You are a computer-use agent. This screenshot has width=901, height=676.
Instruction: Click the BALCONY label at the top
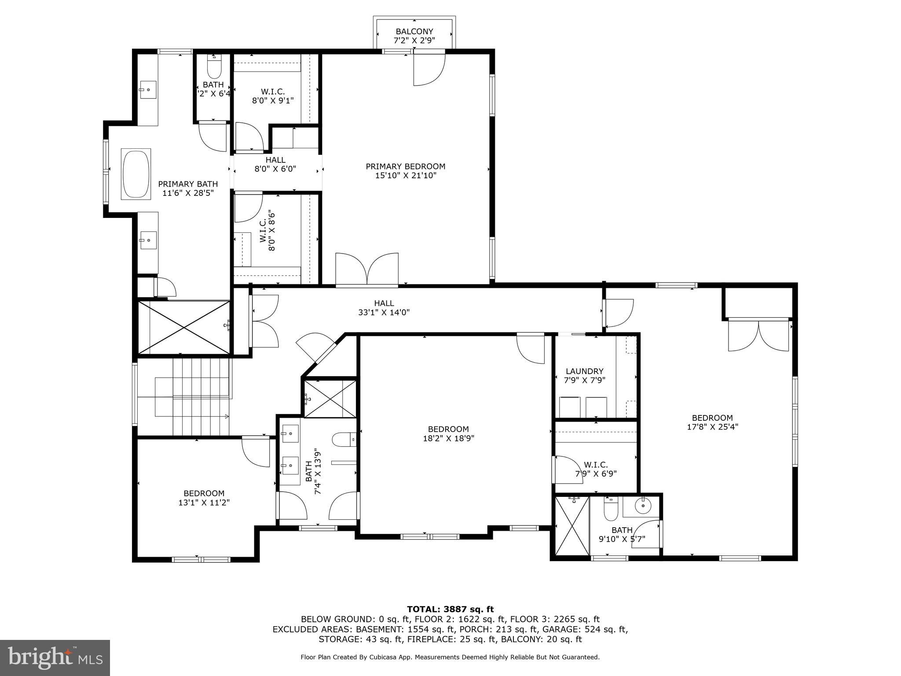[414, 32]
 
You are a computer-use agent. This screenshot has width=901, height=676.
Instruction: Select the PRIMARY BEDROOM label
[405, 166]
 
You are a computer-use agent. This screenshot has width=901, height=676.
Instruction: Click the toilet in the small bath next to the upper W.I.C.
[214, 68]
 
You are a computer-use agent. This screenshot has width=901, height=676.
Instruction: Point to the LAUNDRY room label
[584, 371]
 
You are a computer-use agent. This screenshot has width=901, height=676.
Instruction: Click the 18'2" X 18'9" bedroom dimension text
[448, 438]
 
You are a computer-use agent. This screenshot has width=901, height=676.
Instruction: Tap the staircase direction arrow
[227, 416]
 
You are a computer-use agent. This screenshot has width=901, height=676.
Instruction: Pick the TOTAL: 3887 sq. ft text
[450, 610]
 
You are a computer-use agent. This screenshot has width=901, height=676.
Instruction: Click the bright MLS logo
[55, 658]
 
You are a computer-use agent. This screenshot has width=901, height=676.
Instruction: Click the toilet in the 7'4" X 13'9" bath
[343, 439]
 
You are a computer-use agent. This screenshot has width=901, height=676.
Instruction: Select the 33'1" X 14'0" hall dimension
[384, 312]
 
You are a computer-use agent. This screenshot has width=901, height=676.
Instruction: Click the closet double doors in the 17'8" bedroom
[758, 335]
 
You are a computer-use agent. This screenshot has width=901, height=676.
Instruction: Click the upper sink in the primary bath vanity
[148, 90]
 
